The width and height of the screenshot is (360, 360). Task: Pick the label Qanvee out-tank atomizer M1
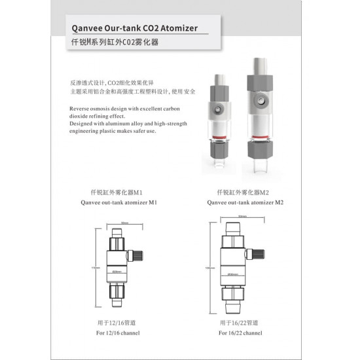(x=118, y=204)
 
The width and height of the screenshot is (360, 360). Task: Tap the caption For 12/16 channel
(x=118, y=333)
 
